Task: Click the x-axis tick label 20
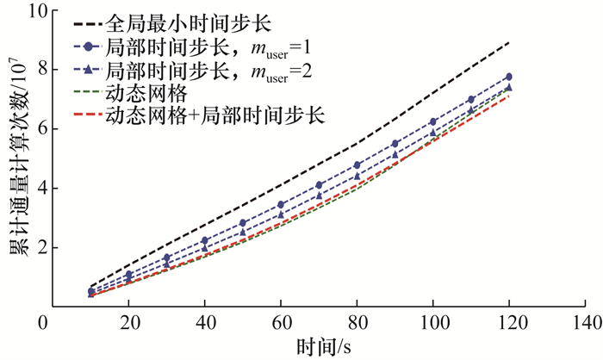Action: point(127,324)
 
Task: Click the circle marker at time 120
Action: point(508,77)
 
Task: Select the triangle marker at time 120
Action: point(508,86)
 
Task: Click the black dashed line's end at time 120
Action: point(508,42)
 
